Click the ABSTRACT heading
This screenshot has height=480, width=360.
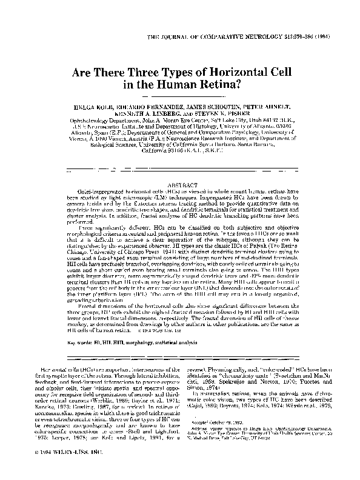(179, 184)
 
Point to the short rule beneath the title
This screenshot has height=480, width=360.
(179, 96)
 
